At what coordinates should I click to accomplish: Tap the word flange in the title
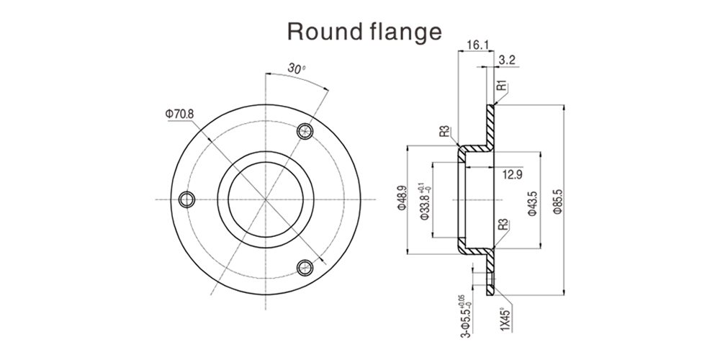[x=404, y=31]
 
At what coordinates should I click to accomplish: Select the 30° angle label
[x=296, y=68]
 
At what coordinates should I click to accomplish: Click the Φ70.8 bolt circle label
[x=180, y=114]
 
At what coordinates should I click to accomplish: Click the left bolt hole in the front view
[x=188, y=199]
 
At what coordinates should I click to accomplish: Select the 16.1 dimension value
[x=477, y=45]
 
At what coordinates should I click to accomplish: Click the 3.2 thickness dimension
[x=506, y=61]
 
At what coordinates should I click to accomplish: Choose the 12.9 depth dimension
[x=512, y=174]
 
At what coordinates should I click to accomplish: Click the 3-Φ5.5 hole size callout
[x=464, y=316]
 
